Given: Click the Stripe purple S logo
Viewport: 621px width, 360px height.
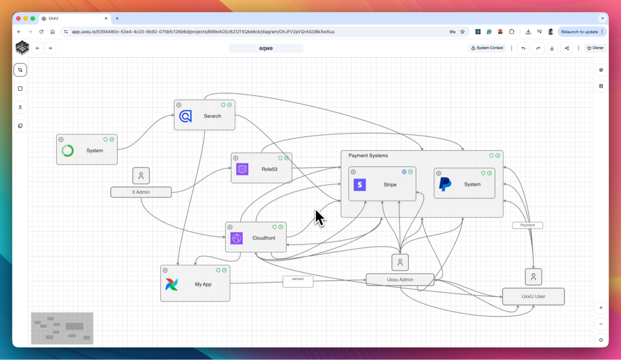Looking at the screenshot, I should pyautogui.click(x=360, y=185).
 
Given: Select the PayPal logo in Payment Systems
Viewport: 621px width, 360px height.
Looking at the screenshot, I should pyautogui.click(x=445, y=184).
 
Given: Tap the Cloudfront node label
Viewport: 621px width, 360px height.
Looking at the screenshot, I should pyautogui.click(x=264, y=238).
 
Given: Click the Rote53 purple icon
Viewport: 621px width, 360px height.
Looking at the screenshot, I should pyautogui.click(x=242, y=169).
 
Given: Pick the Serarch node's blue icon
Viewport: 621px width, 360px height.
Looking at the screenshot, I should pyautogui.click(x=185, y=116).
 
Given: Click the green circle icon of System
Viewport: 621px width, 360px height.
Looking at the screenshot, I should pyautogui.click(x=67, y=151).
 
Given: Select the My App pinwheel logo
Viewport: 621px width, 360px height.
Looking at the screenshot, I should pyautogui.click(x=172, y=284).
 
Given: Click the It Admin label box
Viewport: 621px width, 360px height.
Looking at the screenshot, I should pyautogui.click(x=141, y=192).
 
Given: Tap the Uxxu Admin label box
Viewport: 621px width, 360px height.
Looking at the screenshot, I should pyautogui.click(x=400, y=280).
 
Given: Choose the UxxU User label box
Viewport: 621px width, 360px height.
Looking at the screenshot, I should pyautogui.click(x=533, y=296).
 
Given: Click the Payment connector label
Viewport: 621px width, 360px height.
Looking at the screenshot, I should pyautogui.click(x=527, y=225).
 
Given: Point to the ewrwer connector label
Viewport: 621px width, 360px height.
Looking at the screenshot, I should pyautogui.click(x=298, y=279).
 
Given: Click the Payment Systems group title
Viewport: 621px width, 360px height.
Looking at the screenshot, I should pyautogui.click(x=368, y=156).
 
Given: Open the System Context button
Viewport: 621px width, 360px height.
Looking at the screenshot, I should pyautogui.click(x=487, y=48).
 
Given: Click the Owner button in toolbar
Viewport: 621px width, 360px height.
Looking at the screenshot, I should pyautogui.click(x=595, y=48).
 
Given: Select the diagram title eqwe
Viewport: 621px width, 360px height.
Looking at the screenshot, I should pyautogui.click(x=266, y=48).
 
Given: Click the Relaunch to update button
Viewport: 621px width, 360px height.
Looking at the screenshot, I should pyautogui.click(x=580, y=32).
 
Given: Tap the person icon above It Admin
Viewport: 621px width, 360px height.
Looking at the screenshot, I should pyautogui.click(x=141, y=176).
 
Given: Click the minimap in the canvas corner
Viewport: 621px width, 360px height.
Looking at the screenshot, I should pyautogui.click(x=62, y=328).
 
